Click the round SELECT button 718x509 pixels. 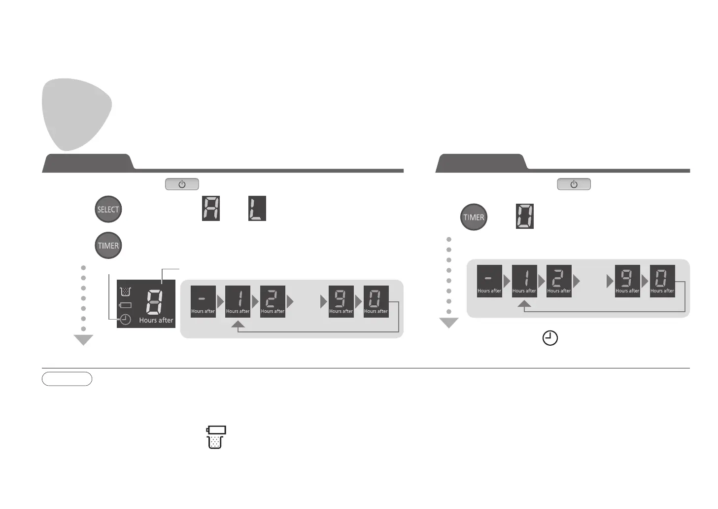pos(108,209)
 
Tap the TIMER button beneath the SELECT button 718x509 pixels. pos(108,246)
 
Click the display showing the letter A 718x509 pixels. pos(211,208)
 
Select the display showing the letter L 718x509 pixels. pos(257,208)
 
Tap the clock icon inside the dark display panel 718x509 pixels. pos(126,320)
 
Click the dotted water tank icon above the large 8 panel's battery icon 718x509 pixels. pos(126,291)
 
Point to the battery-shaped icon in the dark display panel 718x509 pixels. pos(125,305)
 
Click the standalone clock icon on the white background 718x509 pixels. pos(550,338)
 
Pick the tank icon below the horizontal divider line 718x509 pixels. pos(215,437)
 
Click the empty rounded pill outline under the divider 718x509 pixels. pos(67,379)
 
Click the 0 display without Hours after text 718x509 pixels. pos(524,216)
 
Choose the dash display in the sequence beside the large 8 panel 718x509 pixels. pos(203,301)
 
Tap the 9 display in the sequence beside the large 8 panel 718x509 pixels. pos(341,301)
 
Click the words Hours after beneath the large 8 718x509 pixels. pos(156,320)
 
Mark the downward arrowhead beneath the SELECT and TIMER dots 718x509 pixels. pos(83,340)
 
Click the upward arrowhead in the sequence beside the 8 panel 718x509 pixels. pos(238,324)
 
